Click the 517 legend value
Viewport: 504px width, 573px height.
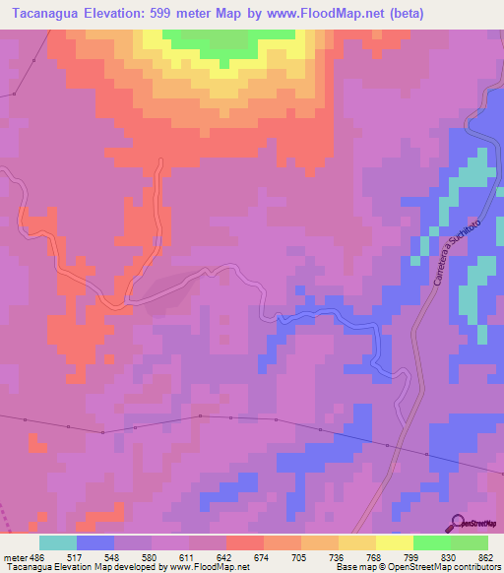pyautogui.click(x=76, y=556)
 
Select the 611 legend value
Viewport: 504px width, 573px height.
pyautogui.click(x=188, y=556)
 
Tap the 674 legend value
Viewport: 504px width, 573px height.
pyautogui.click(x=263, y=556)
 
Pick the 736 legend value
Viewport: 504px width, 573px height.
pyautogui.click(x=338, y=556)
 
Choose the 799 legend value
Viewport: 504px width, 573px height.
pyautogui.click(x=412, y=556)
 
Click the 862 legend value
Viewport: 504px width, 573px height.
pyautogui.click(x=486, y=556)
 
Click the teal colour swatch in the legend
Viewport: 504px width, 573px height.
pyautogui.click(x=58, y=542)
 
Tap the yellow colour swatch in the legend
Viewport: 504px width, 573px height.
pyautogui.click(x=394, y=542)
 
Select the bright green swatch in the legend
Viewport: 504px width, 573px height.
pyautogui.click(x=431, y=542)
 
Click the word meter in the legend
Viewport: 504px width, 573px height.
pyautogui.click(x=14, y=556)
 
